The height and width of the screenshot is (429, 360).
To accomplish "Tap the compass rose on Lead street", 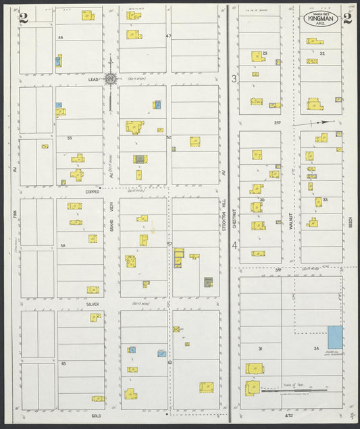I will click(110, 78).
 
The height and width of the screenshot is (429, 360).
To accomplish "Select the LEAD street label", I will click(93, 79).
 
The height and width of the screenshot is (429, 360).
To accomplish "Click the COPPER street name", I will click(93, 191).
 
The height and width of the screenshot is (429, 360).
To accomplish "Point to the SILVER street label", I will click(93, 304).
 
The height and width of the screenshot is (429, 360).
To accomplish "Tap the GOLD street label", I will click(96, 416).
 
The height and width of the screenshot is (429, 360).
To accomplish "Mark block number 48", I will click(60, 37).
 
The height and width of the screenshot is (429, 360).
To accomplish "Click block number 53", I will click(69, 138).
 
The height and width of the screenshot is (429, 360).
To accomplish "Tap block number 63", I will click(63, 363).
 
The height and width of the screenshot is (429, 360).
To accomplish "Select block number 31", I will click(260, 349).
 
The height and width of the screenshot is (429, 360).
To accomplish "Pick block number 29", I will click(265, 53).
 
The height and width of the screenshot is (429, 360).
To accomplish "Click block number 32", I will click(322, 53).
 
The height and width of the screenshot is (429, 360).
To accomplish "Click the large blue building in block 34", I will click(335, 338).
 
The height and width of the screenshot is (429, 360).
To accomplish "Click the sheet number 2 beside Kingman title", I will click(347, 18).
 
